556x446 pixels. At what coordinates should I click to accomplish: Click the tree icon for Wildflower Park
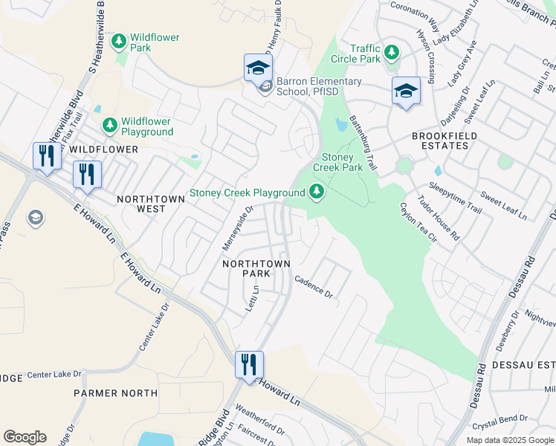point(118,42)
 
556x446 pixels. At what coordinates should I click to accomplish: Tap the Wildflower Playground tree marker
point(109,126)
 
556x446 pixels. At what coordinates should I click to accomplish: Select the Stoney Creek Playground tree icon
point(317,193)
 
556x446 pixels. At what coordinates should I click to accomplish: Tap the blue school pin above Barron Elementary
point(258,68)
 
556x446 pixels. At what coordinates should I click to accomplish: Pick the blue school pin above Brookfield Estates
point(406,91)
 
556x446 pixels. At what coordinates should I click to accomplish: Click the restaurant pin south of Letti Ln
point(249,364)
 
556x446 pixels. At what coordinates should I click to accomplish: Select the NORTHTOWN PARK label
point(251,268)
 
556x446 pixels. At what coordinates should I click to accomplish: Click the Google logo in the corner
point(25,436)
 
